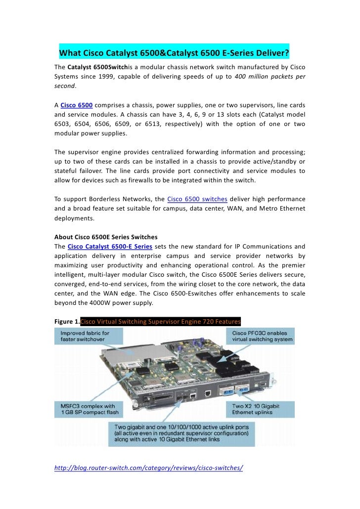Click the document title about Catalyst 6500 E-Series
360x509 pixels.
click(174, 53)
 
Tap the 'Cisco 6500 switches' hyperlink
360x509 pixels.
click(197, 199)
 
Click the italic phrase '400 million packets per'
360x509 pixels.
click(270, 76)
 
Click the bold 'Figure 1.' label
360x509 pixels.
click(67, 322)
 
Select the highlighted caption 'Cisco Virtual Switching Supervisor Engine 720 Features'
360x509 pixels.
click(160, 322)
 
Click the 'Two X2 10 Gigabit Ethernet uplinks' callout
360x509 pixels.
click(263, 410)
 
